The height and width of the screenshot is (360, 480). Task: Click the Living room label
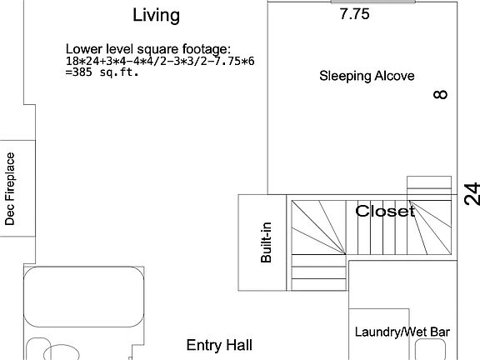coord(156,15)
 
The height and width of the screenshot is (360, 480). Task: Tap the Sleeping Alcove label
coord(367,76)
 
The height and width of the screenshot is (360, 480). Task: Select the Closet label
coord(385,211)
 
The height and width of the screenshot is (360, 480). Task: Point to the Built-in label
coord(266,242)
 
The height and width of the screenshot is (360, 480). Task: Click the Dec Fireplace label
coord(10,189)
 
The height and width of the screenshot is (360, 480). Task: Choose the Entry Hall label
coord(219,345)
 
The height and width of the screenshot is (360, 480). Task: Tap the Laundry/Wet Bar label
coord(402,332)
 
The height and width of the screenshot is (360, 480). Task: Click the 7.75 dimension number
coord(354,14)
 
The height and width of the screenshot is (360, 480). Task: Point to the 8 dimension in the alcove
coord(441,94)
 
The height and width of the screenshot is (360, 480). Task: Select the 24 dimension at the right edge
coord(472,194)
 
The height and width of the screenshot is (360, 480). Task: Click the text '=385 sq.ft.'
coord(102,72)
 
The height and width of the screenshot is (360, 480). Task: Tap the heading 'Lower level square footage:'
coord(148,49)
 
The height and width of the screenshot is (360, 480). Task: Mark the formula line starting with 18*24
coord(160,61)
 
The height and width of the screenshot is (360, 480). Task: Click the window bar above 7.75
coord(372,2)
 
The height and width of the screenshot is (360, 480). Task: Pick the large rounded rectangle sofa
coord(84,297)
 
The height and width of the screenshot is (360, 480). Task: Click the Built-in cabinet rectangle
coord(262,242)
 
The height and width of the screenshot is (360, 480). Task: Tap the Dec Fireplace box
coord(17,188)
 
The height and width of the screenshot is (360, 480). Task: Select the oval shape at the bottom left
coord(61,352)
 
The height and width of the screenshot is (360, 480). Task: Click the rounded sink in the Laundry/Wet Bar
coord(430,350)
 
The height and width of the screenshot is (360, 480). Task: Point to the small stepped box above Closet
coord(429,185)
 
